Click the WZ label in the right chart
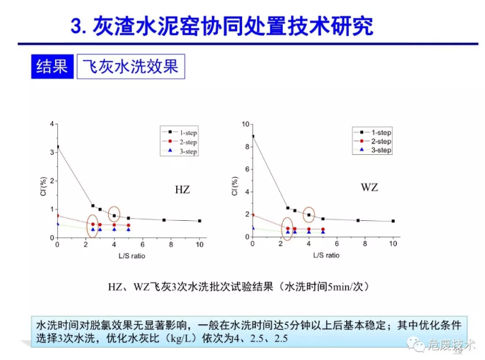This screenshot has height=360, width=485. coord(370,188)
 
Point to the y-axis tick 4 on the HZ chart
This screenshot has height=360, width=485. coord(52,124)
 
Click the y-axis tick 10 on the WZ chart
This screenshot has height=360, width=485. coord(245,124)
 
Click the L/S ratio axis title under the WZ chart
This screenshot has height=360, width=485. coord(322,256)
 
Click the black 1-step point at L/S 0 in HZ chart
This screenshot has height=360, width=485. coord(57,147)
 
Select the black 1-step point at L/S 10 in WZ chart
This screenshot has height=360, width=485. coord(393,222)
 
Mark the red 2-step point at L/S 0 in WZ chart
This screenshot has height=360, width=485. coord(252,215)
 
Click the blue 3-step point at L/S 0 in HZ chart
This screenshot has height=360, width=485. coord(57,224)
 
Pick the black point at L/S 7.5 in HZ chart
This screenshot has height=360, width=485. coord(164,220)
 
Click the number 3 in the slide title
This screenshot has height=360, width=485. coord(77,27)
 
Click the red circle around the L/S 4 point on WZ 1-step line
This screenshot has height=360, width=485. coord(309,214)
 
